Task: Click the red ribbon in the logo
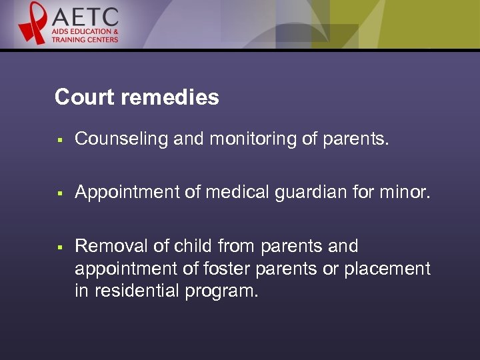point(33,24)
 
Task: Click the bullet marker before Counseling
point(59,140)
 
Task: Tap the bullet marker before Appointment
point(59,193)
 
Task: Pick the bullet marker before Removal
point(59,247)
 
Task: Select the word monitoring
point(234,139)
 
